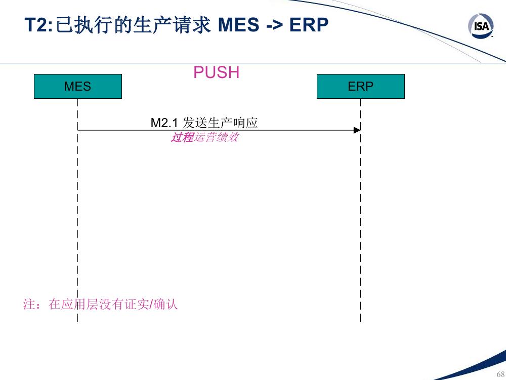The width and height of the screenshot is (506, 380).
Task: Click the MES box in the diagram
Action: point(78,86)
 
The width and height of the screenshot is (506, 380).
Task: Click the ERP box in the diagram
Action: point(360,86)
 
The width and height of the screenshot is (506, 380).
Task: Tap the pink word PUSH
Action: point(216,72)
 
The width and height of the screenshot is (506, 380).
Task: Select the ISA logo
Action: point(481,25)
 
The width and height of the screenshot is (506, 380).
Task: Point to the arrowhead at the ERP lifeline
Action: point(357,130)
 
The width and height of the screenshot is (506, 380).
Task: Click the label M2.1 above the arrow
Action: point(164,123)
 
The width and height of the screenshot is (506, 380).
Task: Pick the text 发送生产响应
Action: point(220,123)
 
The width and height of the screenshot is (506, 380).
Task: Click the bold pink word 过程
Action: point(182,137)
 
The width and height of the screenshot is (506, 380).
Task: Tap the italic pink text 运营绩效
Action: point(216,137)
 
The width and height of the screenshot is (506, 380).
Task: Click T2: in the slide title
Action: point(38,25)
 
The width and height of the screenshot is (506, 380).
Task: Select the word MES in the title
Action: point(238,25)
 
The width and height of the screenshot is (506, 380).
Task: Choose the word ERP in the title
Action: point(309,25)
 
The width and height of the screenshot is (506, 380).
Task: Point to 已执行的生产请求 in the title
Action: point(133,25)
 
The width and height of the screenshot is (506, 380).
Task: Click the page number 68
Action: point(500,374)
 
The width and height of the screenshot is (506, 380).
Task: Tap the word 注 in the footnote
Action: point(29,305)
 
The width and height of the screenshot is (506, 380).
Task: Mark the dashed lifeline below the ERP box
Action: point(360,210)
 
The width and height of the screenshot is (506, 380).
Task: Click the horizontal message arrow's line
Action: point(219,130)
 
